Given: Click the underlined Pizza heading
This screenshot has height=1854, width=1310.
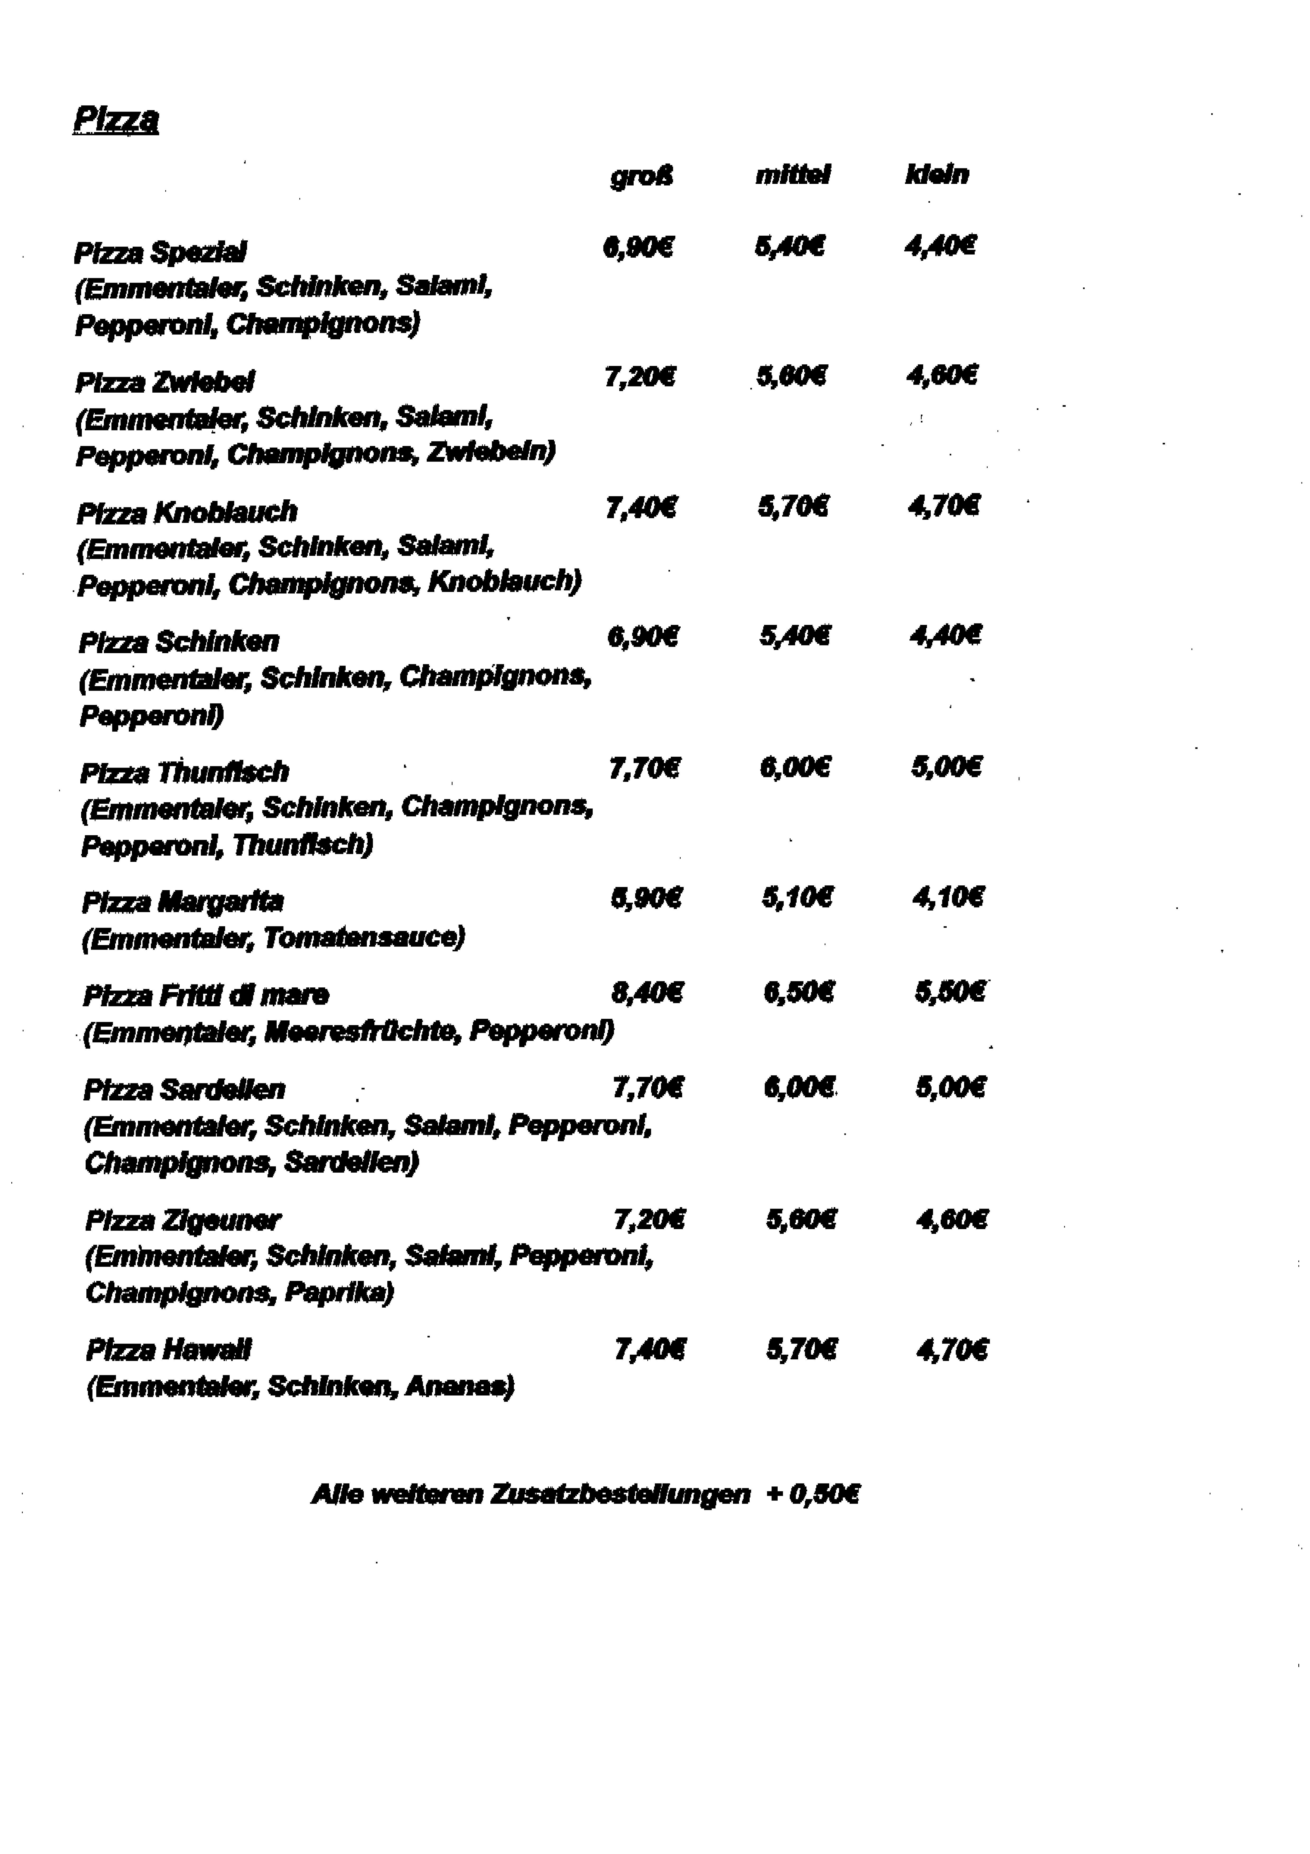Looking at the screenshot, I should (115, 120).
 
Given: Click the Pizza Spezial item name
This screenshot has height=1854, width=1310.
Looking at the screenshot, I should (160, 253).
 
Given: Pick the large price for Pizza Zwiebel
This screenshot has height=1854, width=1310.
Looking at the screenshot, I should (640, 377).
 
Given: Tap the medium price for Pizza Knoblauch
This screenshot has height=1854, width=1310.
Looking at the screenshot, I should (792, 507).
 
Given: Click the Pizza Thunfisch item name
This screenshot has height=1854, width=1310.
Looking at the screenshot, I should (184, 773).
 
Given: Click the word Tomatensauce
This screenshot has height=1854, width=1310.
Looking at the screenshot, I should (364, 937).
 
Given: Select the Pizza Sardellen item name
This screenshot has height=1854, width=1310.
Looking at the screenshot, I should (184, 1090).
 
